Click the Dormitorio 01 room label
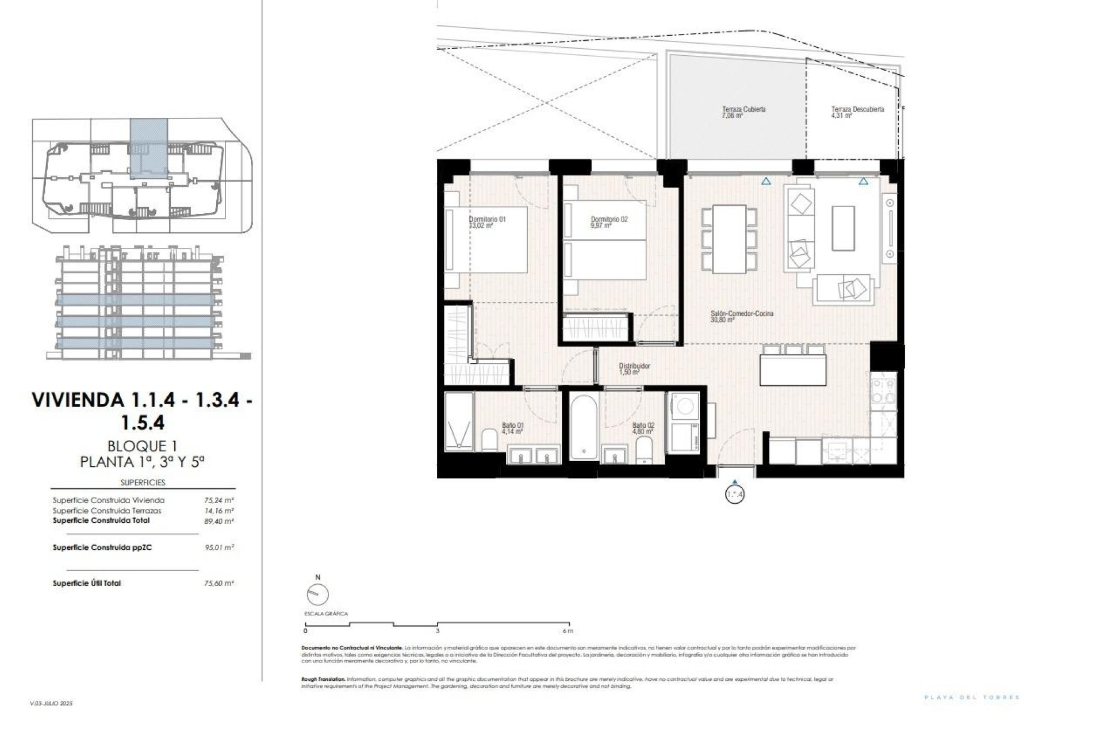[x=487, y=219]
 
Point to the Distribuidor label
[x=634, y=366]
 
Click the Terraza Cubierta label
[x=743, y=109]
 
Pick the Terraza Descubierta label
[x=857, y=109]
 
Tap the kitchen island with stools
[x=793, y=370]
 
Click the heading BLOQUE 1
[x=141, y=446]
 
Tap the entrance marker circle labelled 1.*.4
[x=735, y=494]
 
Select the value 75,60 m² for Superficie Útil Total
[x=219, y=583]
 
